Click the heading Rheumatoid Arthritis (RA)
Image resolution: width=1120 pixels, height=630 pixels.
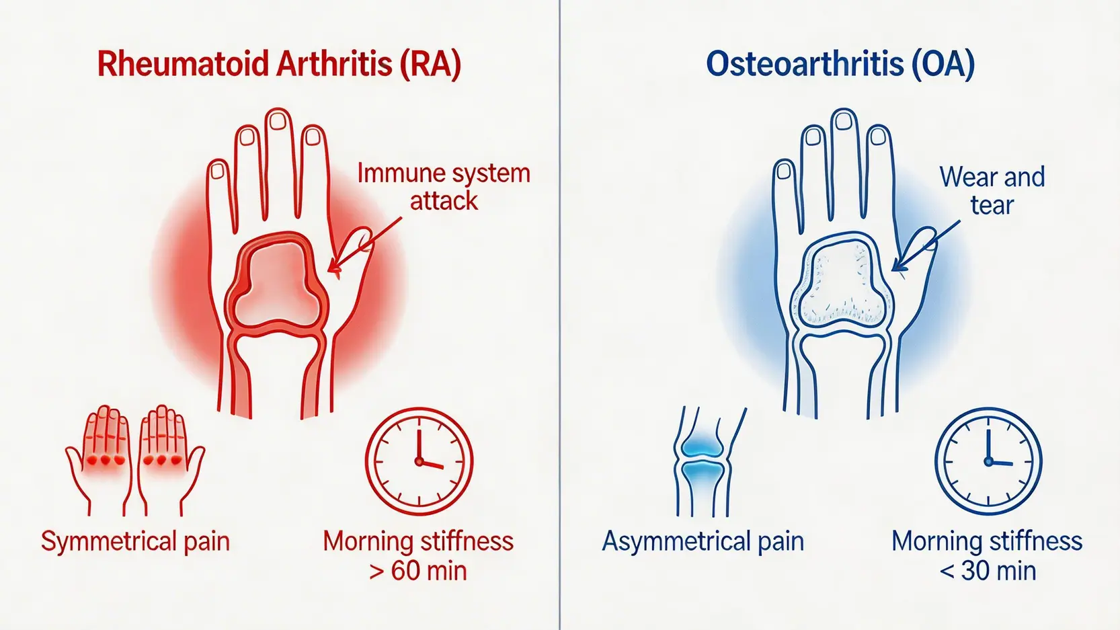pyautogui.click(x=279, y=65)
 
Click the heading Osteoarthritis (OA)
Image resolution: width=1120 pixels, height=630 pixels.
pyautogui.click(x=840, y=65)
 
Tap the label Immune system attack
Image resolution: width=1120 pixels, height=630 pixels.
pyautogui.click(x=444, y=187)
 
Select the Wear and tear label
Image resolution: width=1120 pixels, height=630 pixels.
pyautogui.click(x=992, y=190)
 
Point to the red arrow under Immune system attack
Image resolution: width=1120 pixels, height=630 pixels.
pyautogui.click(x=364, y=245)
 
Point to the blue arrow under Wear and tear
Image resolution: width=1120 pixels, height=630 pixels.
pyautogui.click(x=926, y=246)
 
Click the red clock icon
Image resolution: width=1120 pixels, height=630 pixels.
pyautogui.click(x=419, y=461)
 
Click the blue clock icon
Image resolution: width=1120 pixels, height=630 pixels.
pyautogui.click(x=988, y=461)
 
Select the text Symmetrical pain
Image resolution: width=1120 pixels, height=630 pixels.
pyautogui.click(x=135, y=541)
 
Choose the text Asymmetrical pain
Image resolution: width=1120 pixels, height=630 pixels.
pyautogui.click(x=703, y=541)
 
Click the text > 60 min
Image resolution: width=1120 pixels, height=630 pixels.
pyautogui.click(x=418, y=571)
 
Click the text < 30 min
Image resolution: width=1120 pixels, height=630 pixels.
pyautogui.click(x=988, y=571)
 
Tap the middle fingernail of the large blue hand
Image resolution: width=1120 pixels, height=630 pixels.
pyautogui.click(x=844, y=120)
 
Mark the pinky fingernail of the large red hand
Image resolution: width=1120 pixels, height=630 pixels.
pyautogui.click(x=218, y=171)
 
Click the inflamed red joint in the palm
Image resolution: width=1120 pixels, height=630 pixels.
pyautogui.click(x=276, y=284)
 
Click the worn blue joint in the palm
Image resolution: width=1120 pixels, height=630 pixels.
pyautogui.click(x=842, y=284)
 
